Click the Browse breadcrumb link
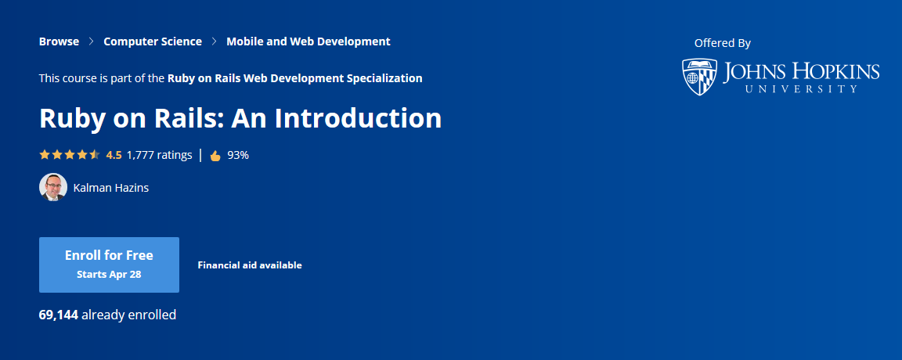(x=59, y=41)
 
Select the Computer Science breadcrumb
(x=153, y=41)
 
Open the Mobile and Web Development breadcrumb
(x=308, y=41)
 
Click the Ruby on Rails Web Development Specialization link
(x=295, y=78)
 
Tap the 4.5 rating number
(x=114, y=155)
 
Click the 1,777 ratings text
(x=159, y=155)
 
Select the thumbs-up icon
(x=215, y=155)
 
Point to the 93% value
(x=238, y=155)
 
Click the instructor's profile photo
(x=52, y=187)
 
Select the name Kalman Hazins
(x=110, y=188)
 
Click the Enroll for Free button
(x=109, y=265)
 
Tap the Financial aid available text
(x=250, y=265)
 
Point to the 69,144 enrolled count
(x=58, y=315)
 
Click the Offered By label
(x=722, y=43)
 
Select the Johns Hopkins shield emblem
(x=699, y=77)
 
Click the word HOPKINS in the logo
(x=833, y=73)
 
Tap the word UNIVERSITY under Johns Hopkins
(x=802, y=90)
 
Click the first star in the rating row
(x=45, y=155)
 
